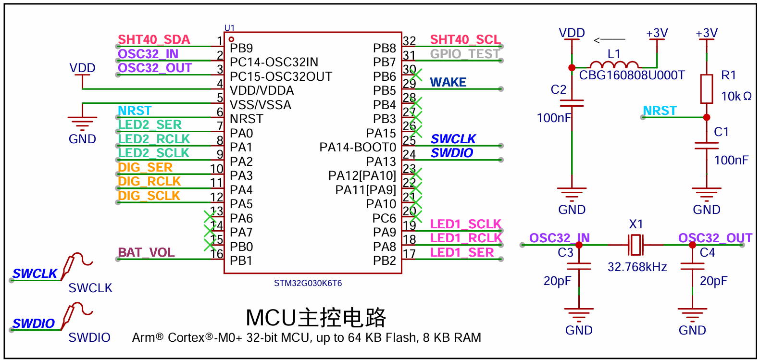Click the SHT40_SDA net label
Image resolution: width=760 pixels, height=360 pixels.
click(154, 40)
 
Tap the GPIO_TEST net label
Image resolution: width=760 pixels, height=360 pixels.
click(465, 54)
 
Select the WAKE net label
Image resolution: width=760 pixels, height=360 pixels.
click(448, 82)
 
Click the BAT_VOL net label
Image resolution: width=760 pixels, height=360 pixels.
click(146, 252)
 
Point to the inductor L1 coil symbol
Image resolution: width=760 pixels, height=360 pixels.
click(614, 64)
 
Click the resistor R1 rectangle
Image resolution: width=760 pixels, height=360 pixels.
click(706, 89)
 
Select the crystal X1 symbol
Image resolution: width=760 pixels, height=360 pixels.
click(635, 245)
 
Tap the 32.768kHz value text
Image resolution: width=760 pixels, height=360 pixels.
click(637, 267)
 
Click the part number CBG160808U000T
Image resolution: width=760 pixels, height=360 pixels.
click(632, 75)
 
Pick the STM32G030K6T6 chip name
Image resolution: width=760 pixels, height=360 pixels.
click(308, 283)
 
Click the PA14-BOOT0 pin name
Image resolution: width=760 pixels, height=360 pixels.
click(358, 147)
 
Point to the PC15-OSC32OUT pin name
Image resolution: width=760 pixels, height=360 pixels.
click(281, 77)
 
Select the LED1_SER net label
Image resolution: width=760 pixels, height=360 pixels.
click(462, 252)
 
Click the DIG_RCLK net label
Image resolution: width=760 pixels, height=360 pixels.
click(150, 182)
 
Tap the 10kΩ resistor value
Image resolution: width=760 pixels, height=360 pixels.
click(736, 96)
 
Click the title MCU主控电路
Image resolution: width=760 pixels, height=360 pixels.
click(316, 318)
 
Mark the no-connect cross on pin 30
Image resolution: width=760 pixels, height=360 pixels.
click(416, 74)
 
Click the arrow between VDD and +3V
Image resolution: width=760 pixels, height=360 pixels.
click(610, 40)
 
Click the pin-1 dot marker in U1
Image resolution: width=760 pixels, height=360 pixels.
click(231, 39)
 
